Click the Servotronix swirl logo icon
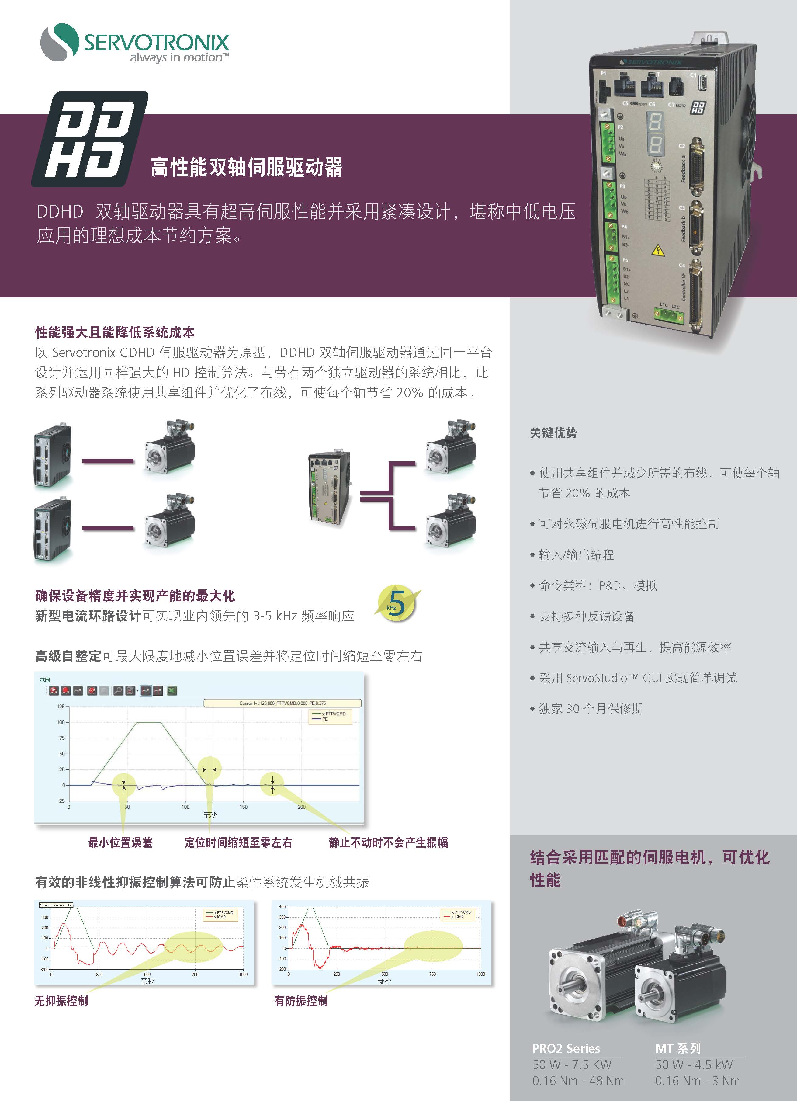click(x=59, y=42)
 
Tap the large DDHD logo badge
click(x=90, y=139)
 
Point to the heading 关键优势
click(x=553, y=433)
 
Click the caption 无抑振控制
click(x=61, y=1001)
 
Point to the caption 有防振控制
click(x=301, y=1001)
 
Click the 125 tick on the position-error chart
click(x=61, y=706)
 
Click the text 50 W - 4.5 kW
click(x=694, y=1065)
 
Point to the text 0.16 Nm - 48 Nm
click(x=578, y=1081)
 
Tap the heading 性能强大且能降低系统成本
click(x=115, y=332)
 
